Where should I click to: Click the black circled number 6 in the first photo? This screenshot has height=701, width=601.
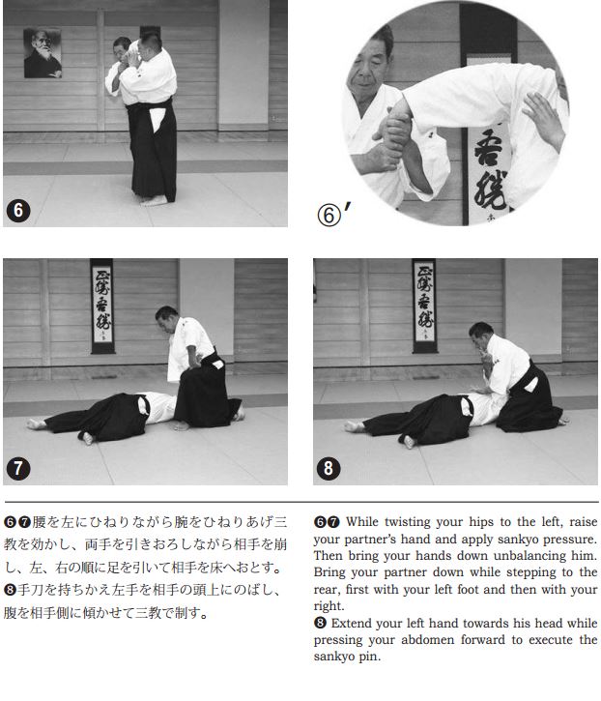click(x=18, y=210)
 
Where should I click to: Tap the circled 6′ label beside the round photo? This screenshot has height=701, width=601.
click(x=333, y=214)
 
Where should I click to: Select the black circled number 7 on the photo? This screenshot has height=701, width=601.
click(x=18, y=468)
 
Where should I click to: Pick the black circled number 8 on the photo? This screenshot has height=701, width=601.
click(x=329, y=468)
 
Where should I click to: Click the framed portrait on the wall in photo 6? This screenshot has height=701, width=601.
click(x=43, y=53)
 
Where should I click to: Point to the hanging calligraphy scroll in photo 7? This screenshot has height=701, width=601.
click(x=102, y=307)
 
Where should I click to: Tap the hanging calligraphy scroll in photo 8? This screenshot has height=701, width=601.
click(x=424, y=306)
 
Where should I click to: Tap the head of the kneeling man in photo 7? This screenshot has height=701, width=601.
click(x=166, y=318)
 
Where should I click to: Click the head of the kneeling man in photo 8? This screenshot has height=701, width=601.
click(x=480, y=336)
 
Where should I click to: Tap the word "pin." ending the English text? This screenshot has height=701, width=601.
click(x=370, y=657)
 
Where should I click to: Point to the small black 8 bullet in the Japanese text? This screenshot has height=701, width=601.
click(x=10, y=590)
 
